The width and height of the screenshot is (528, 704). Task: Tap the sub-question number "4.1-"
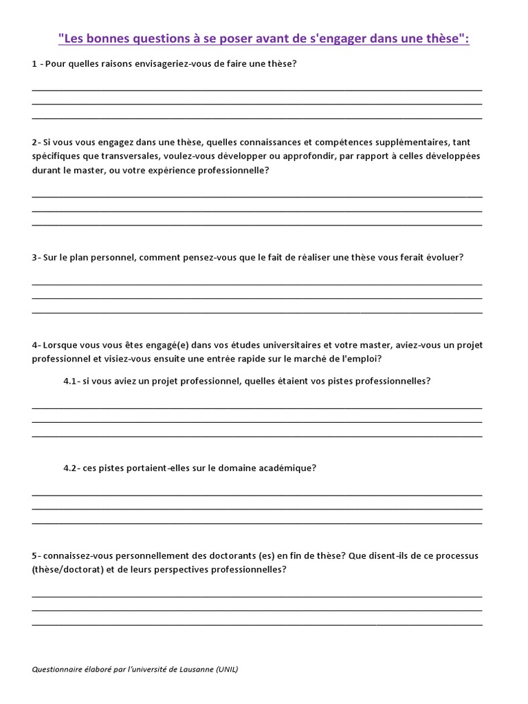72,381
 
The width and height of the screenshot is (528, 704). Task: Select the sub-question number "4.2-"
72,468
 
